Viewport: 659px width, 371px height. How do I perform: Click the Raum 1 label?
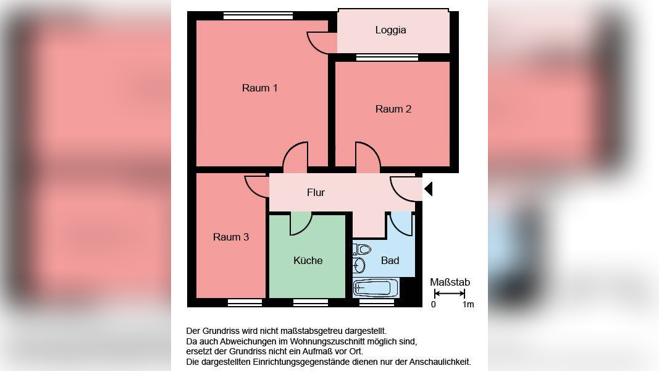click(259, 88)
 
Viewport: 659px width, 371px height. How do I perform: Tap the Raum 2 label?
click(393, 109)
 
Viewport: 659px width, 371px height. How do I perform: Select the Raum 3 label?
click(231, 237)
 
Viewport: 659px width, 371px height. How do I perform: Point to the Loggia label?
click(390, 30)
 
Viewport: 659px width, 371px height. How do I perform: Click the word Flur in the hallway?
click(316, 192)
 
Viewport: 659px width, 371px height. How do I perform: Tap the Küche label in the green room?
click(308, 260)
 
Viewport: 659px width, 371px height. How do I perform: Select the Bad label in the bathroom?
click(390, 260)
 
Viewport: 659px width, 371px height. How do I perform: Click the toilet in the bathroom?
click(363, 250)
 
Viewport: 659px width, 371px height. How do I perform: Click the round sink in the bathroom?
click(359, 266)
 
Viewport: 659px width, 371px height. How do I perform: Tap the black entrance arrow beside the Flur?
click(428, 188)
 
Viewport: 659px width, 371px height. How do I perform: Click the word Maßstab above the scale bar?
click(450, 283)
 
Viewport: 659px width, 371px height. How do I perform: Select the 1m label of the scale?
click(468, 304)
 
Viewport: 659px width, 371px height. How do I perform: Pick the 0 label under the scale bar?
click(433, 304)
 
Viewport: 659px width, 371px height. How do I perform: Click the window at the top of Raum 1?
click(258, 16)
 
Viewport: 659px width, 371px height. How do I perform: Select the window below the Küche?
click(310, 302)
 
